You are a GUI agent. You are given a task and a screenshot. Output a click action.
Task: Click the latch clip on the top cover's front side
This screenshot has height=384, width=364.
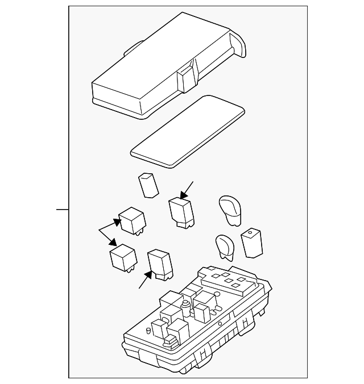(185, 79)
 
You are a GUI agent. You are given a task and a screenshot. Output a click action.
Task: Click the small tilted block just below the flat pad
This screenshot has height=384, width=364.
(149, 185)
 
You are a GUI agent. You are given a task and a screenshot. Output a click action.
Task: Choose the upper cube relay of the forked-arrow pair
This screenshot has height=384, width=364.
(131, 220)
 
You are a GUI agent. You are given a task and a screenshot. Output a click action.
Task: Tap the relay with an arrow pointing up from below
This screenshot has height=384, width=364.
(161, 264)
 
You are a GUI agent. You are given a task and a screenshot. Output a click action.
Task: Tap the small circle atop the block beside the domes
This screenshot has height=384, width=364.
(249, 233)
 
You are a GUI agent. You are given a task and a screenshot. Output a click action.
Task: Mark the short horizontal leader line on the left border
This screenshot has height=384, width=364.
(63, 210)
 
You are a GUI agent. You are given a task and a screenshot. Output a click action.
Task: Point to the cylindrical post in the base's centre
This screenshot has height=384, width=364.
(185, 310)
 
